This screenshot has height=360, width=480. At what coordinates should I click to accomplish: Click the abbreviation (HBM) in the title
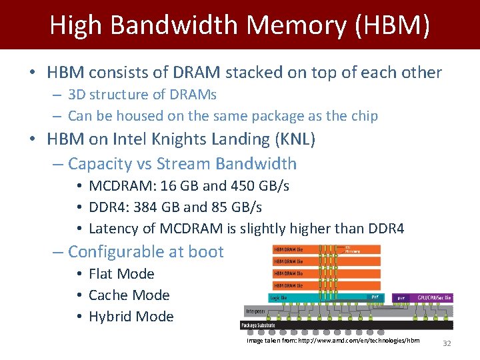point(393,25)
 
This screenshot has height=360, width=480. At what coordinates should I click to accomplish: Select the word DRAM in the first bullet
point(193,72)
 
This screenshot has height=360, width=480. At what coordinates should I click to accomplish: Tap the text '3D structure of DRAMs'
point(142,95)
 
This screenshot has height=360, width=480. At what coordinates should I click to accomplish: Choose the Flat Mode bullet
point(121,274)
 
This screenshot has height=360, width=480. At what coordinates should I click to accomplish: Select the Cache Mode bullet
point(129,295)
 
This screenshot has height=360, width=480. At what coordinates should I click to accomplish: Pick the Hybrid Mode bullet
point(131,317)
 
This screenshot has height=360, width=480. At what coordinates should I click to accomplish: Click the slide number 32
point(447,343)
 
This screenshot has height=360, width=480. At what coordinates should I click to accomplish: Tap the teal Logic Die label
point(279,298)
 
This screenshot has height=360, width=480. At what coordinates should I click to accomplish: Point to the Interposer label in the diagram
point(255,311)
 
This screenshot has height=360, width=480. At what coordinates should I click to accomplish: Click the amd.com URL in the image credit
point(359,340)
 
